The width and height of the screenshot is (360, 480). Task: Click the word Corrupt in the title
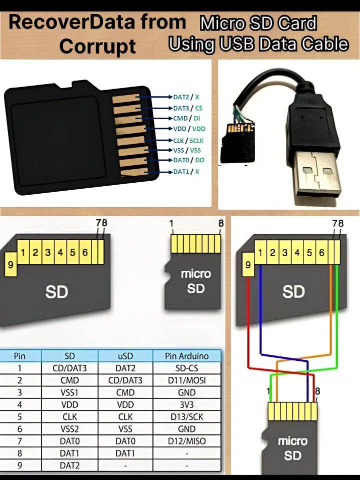(x=97, y=47)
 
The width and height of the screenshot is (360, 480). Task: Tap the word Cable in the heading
(x=325, y=44)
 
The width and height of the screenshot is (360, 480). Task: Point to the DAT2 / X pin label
(x=186, y=97)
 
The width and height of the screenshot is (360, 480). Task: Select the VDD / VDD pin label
(x=189, y=129)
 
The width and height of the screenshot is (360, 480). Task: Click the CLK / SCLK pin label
(x=188, y=141)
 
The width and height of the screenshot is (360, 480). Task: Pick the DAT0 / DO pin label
(x=188, y=160)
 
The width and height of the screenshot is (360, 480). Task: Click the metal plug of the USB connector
(x=318, y=177)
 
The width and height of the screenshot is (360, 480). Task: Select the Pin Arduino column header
(x=186, y=356)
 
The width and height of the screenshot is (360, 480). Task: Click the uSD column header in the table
(x=125, y=356)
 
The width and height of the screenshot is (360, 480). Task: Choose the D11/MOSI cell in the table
(x=186, y=380)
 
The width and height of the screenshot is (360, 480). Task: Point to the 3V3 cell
(x=186, y=405)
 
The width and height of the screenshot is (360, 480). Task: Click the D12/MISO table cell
(x=186, y=441)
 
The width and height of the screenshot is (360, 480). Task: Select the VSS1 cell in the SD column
(x=69, y=392)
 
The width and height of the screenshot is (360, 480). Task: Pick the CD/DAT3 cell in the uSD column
(x=125, y=380)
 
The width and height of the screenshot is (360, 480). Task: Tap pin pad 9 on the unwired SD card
(x=10, y=264)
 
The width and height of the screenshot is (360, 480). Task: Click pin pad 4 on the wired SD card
(x=297, y=253)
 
